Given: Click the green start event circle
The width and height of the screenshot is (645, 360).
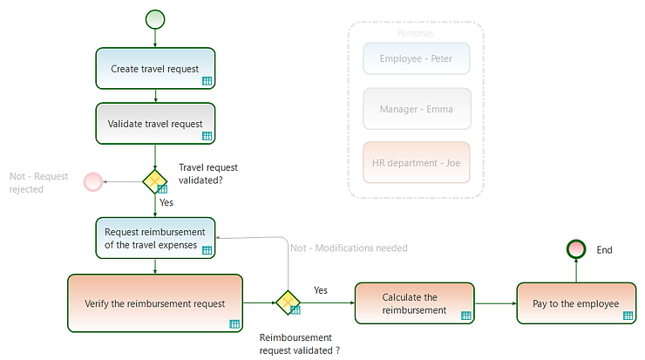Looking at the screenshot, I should (155, 19).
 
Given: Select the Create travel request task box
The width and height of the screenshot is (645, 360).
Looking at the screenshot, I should (155, 68).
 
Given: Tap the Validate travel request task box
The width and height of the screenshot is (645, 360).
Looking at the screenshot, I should (155, 124).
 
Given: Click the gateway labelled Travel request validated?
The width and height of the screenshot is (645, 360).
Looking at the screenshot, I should (155, 181).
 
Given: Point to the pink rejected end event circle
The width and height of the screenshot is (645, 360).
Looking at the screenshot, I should (92, 182).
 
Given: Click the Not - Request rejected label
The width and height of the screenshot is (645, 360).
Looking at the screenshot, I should (38, 182).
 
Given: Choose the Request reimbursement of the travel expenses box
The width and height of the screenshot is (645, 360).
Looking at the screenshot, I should (155, 238).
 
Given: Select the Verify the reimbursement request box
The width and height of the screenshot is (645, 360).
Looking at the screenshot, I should (155, 303).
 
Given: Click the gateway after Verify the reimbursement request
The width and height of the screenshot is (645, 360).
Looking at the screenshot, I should (288, 303).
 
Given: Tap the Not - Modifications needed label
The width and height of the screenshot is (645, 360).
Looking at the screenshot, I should (349, 248).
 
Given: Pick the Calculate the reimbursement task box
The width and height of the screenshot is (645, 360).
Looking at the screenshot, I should (414, 303).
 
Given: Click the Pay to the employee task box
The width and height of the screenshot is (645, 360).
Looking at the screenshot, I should (575, 303).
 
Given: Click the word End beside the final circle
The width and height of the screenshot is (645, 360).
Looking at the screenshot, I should (604, 250).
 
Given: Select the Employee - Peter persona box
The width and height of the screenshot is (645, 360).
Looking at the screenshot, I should (416, 59).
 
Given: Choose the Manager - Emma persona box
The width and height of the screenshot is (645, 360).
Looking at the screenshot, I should (416, 109).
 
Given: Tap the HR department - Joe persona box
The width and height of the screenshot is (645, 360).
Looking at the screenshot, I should (416, 162).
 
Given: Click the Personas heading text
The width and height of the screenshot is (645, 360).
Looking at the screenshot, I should (416, 33).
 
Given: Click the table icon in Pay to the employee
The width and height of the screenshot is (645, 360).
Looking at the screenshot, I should (628, 316).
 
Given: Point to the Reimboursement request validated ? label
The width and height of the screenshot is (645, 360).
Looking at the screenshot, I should (300, 343).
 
